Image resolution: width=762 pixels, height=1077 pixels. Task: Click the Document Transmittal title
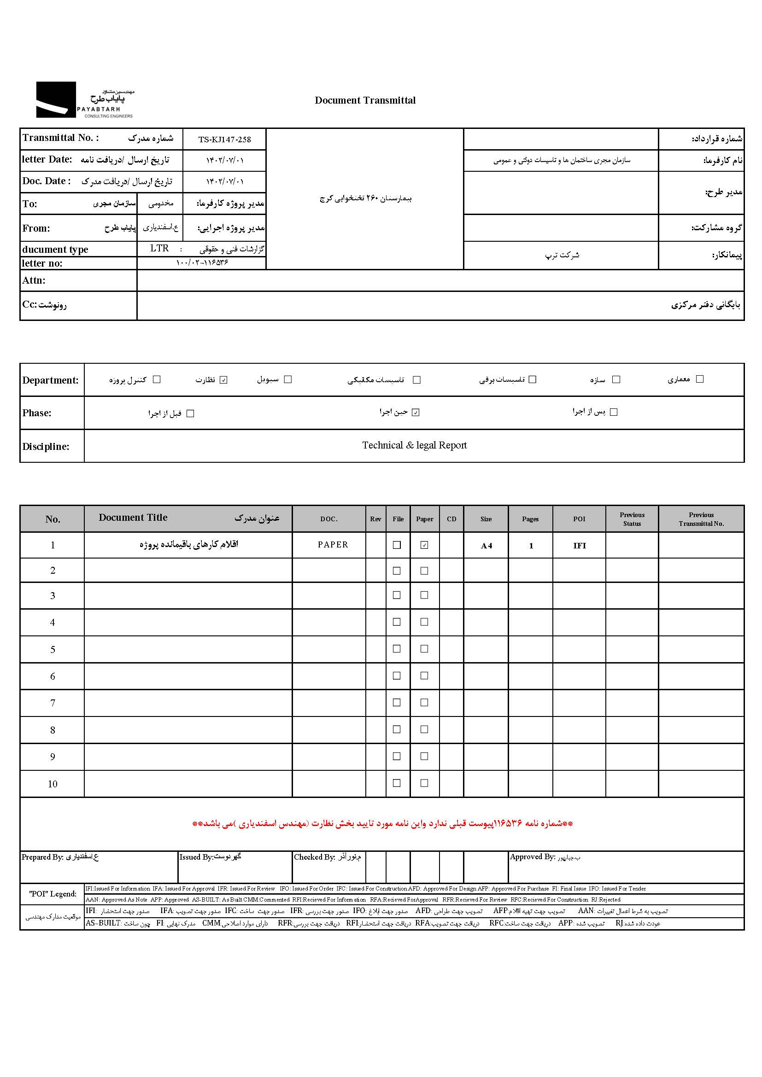[365, 100]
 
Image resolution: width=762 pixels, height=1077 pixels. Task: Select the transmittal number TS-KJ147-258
[224, 140]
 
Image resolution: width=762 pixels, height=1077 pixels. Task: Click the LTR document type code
[159, 248]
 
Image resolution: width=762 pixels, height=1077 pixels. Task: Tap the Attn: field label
[34, 280]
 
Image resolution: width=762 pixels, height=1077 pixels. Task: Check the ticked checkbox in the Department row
[223, 380]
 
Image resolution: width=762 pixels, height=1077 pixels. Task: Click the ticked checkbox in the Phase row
[415, 412]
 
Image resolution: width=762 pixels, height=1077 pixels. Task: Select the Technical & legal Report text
[414, 445]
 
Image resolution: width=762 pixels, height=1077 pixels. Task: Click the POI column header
[579, 519]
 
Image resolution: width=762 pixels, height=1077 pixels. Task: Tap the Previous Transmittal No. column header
[701, 519]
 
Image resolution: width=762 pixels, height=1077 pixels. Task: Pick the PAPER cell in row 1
[333, 545]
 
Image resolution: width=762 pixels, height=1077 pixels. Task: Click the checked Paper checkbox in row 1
[424, 545]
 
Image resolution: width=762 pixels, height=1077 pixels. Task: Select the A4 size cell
[486, 546]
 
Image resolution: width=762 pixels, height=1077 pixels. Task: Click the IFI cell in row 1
[580, 546]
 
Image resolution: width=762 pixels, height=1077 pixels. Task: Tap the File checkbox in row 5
[397, 649]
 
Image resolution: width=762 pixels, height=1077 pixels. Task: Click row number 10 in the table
[53, 784]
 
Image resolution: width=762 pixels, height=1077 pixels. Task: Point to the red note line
[382, 824]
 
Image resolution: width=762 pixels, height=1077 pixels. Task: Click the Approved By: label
[533, 857]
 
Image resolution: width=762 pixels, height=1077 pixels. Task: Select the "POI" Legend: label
[53, 894]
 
